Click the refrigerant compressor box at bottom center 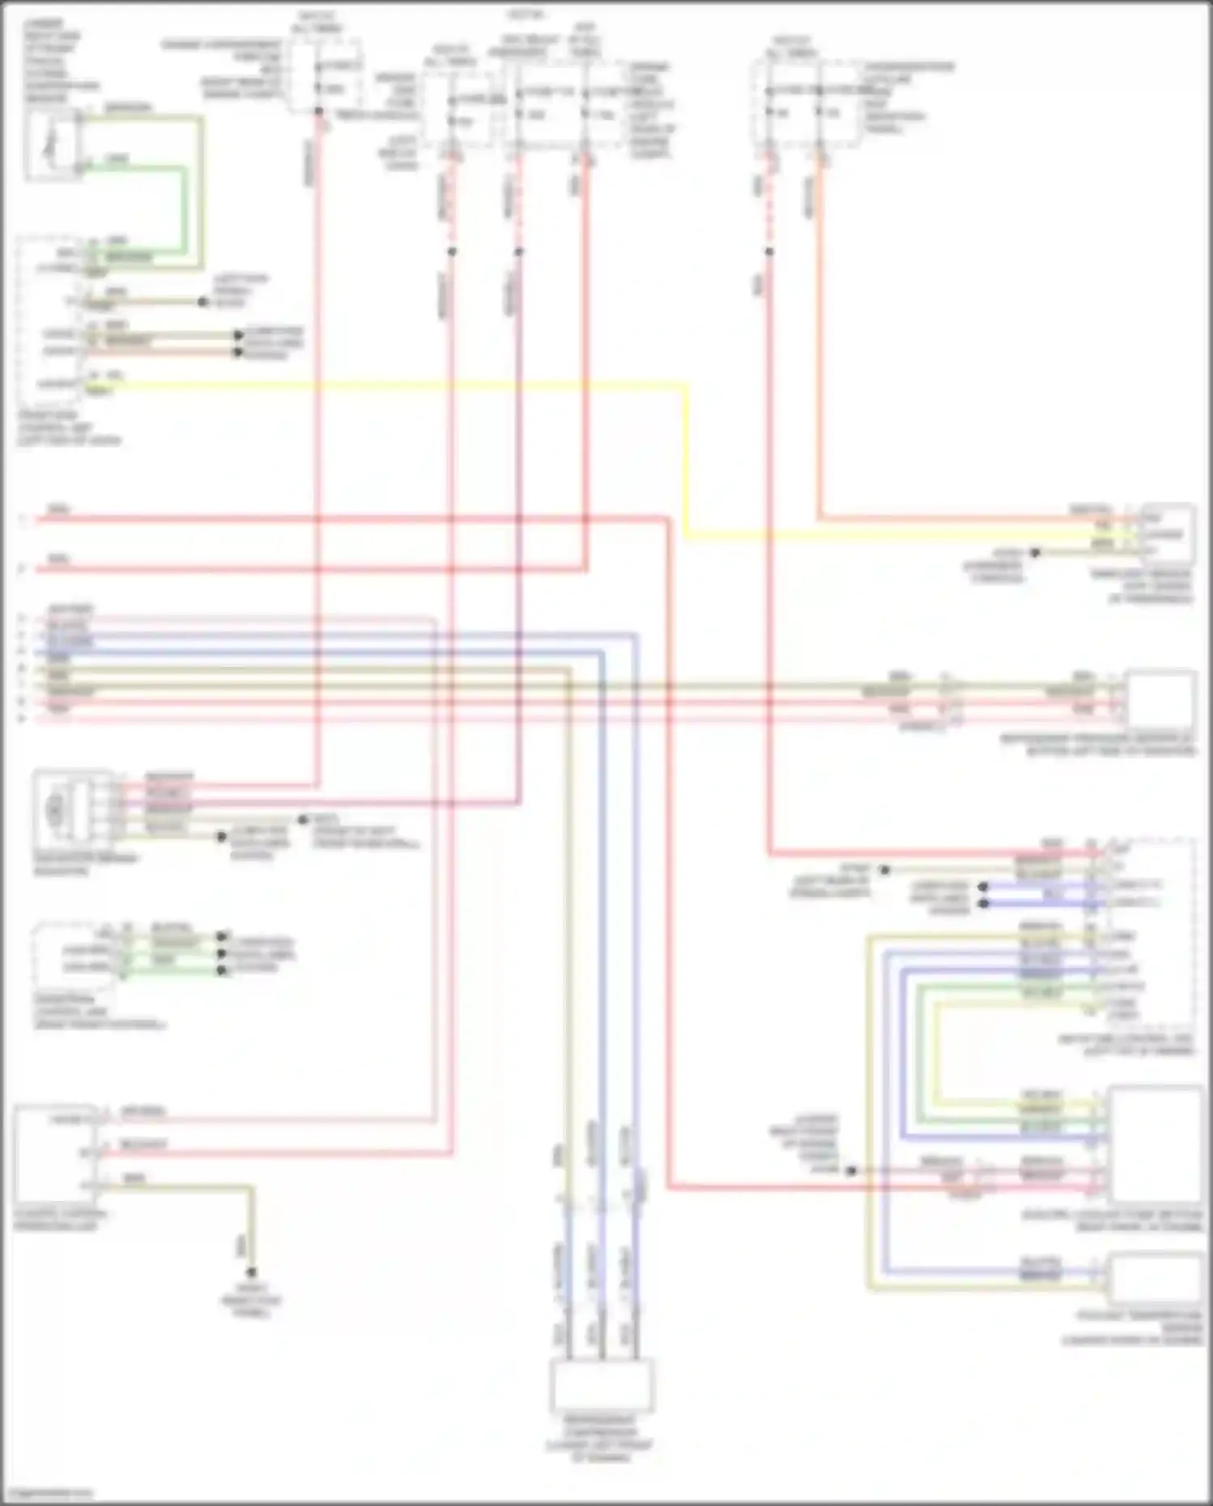602,1385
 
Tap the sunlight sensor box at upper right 1168,534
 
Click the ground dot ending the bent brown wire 251,1271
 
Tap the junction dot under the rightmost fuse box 769,252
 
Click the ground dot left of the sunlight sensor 1034,553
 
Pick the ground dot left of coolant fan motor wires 851,1171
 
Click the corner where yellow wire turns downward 686,386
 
